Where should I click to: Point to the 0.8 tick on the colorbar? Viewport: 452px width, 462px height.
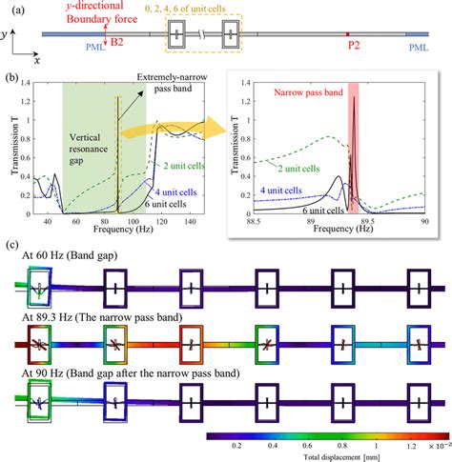[x=336, y=443]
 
